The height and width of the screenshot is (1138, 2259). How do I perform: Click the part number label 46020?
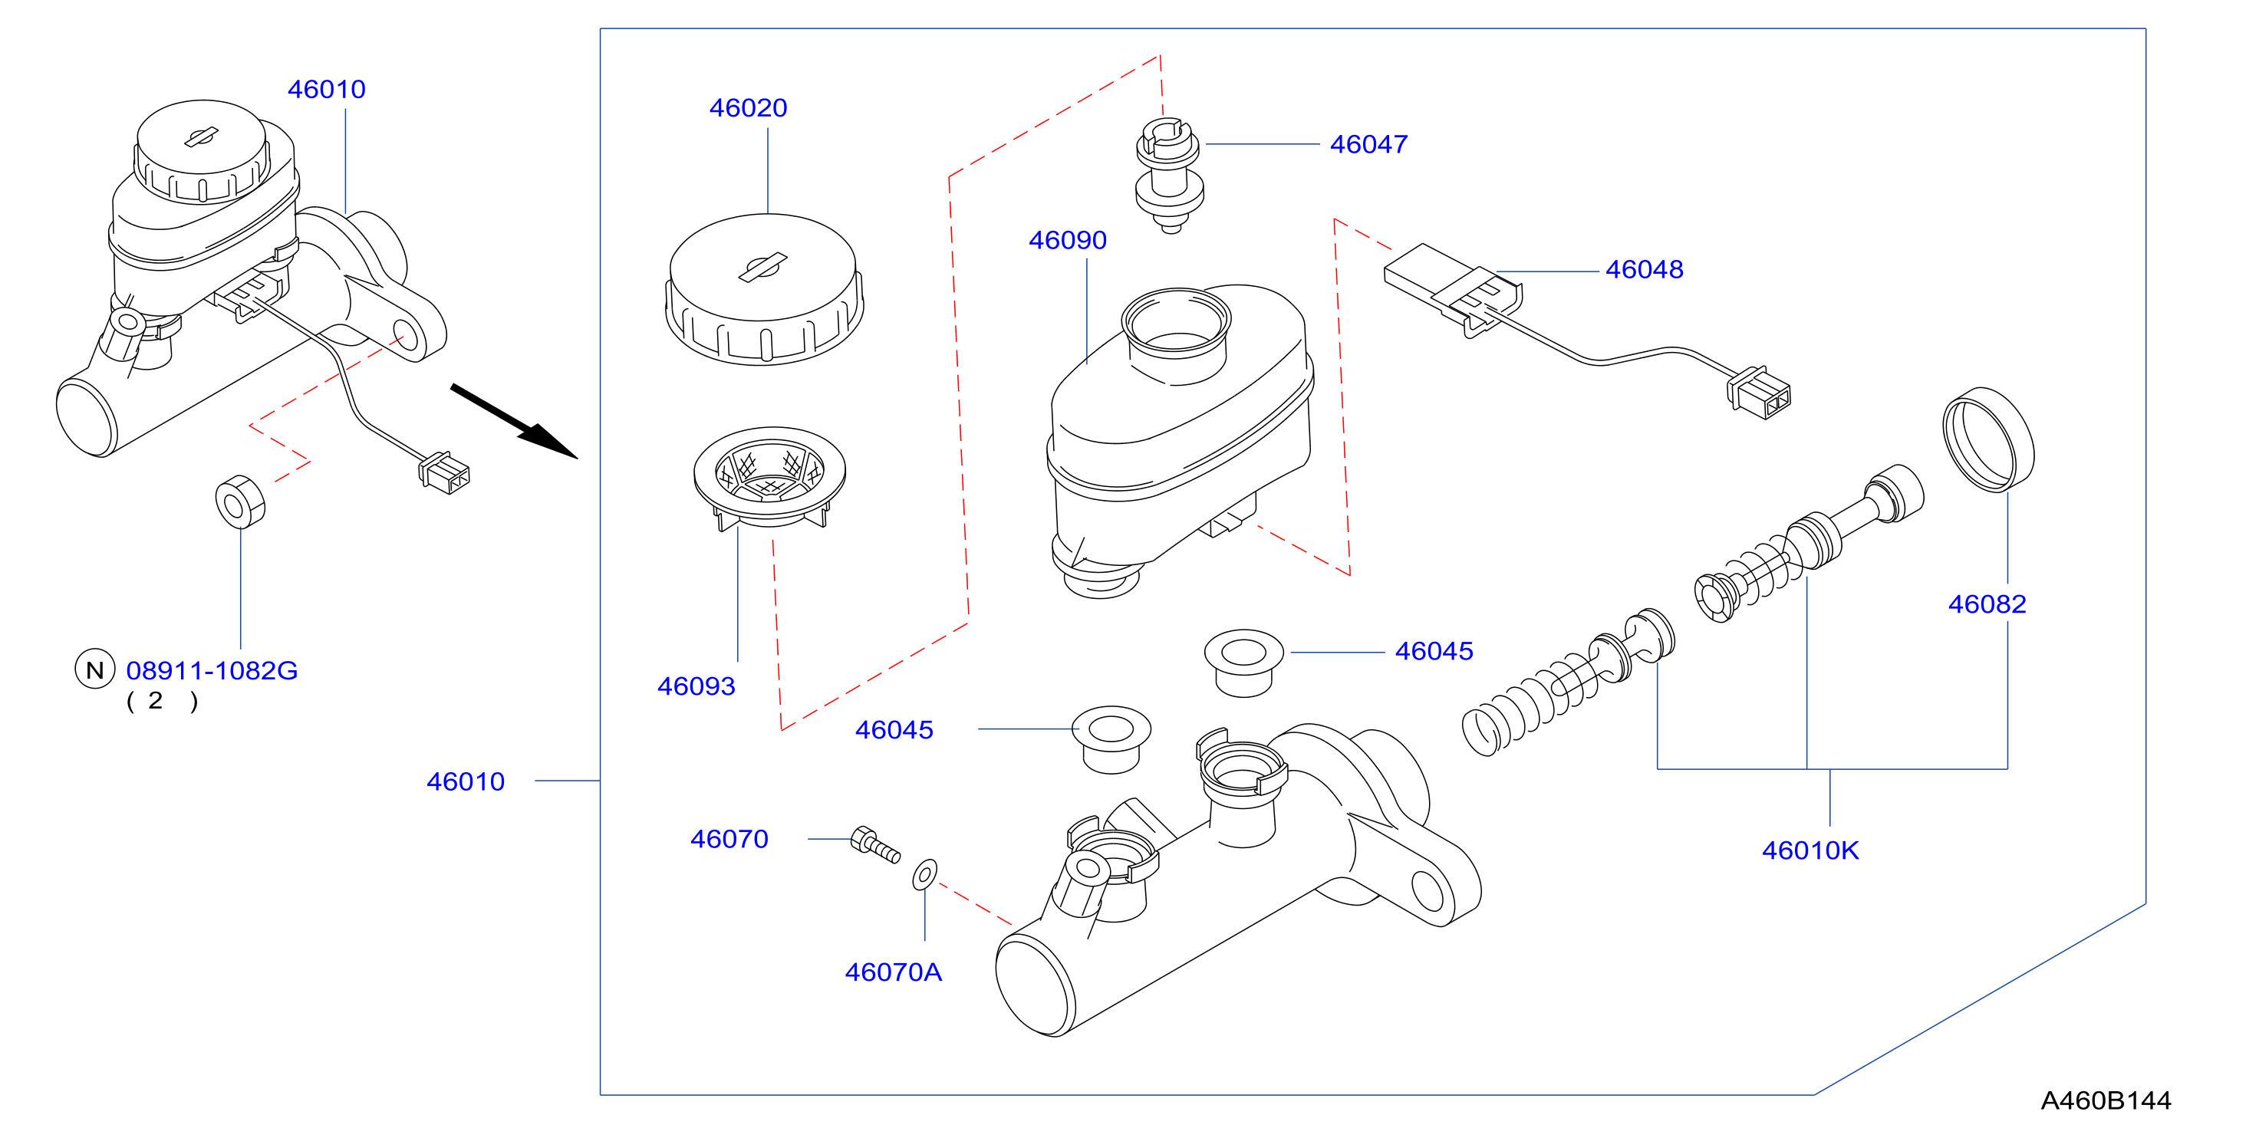tap(748, 108)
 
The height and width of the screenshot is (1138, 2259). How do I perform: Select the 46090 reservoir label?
tap(1067, 240)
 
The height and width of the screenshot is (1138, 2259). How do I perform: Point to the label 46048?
tap(1645, 270)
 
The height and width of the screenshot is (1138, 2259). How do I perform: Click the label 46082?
tap(1987, 605)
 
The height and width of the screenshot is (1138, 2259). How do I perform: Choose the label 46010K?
tap(1810, 851)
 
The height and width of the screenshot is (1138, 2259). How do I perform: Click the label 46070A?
tap(894, 973)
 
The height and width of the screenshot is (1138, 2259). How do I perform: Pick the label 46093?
tap(696, 686)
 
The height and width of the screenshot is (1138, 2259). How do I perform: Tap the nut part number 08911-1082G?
tap(212, 672)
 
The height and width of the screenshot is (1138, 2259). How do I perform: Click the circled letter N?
tap(94, 669)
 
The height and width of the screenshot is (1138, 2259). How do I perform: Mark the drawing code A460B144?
tap(2106, 1101)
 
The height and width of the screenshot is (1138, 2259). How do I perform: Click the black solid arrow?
tap(514, 422)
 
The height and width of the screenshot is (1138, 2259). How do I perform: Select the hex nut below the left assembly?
tap(240, 502)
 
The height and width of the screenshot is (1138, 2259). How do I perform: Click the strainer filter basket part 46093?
tap(769, 478)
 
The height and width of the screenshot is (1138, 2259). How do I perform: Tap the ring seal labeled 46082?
tap(1989, 439)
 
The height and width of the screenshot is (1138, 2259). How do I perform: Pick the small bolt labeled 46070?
tap(875, 845)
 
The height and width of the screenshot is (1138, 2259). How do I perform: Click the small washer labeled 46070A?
tap(925, 875)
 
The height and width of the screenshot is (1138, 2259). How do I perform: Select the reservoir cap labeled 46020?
tap(764, 289)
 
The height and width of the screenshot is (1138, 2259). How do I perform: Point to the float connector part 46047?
tap(1169, 176)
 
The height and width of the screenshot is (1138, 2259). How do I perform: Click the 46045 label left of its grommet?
tap(894, 730)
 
